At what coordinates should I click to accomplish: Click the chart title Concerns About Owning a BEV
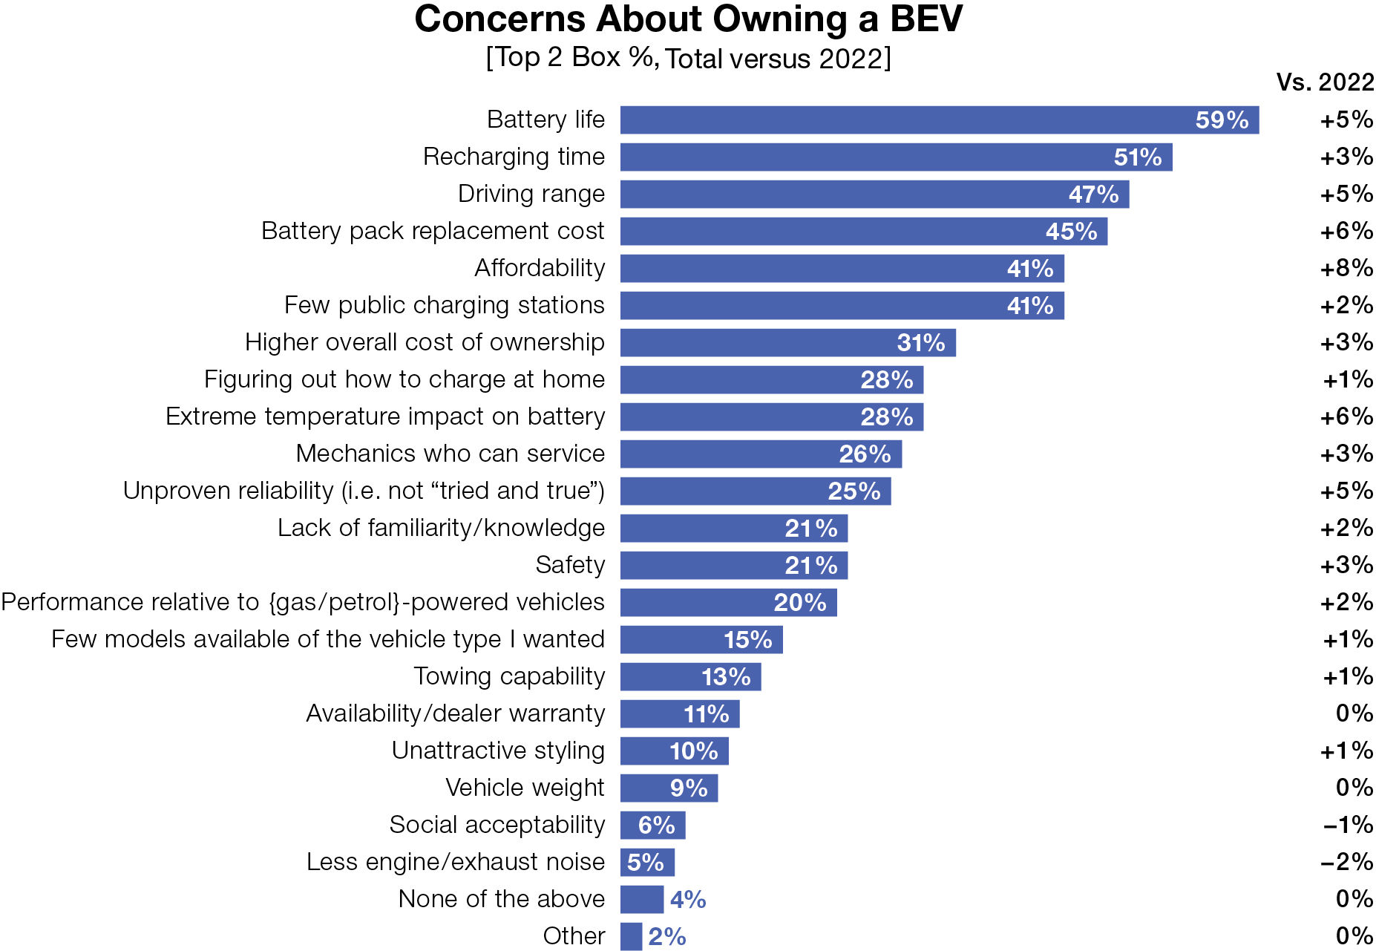tap(688, 19)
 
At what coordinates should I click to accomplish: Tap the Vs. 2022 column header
tap(1324, 82)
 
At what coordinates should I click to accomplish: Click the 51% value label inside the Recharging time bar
tap(1137, 157)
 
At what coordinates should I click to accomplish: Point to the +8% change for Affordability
tap(1346, 268)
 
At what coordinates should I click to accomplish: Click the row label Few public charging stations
tap(444, 305)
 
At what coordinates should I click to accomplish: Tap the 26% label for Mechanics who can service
tap(865, 454)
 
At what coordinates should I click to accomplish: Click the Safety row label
tap(570, 565)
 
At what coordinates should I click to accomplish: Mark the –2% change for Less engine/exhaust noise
tap(1346, 862)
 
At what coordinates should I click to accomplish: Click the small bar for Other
tap(631, 936)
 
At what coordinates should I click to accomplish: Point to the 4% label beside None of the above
tap(687, 900)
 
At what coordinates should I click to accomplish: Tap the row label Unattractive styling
tap(498, 751)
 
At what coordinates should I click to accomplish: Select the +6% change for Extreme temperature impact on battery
tap(1346, 416)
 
